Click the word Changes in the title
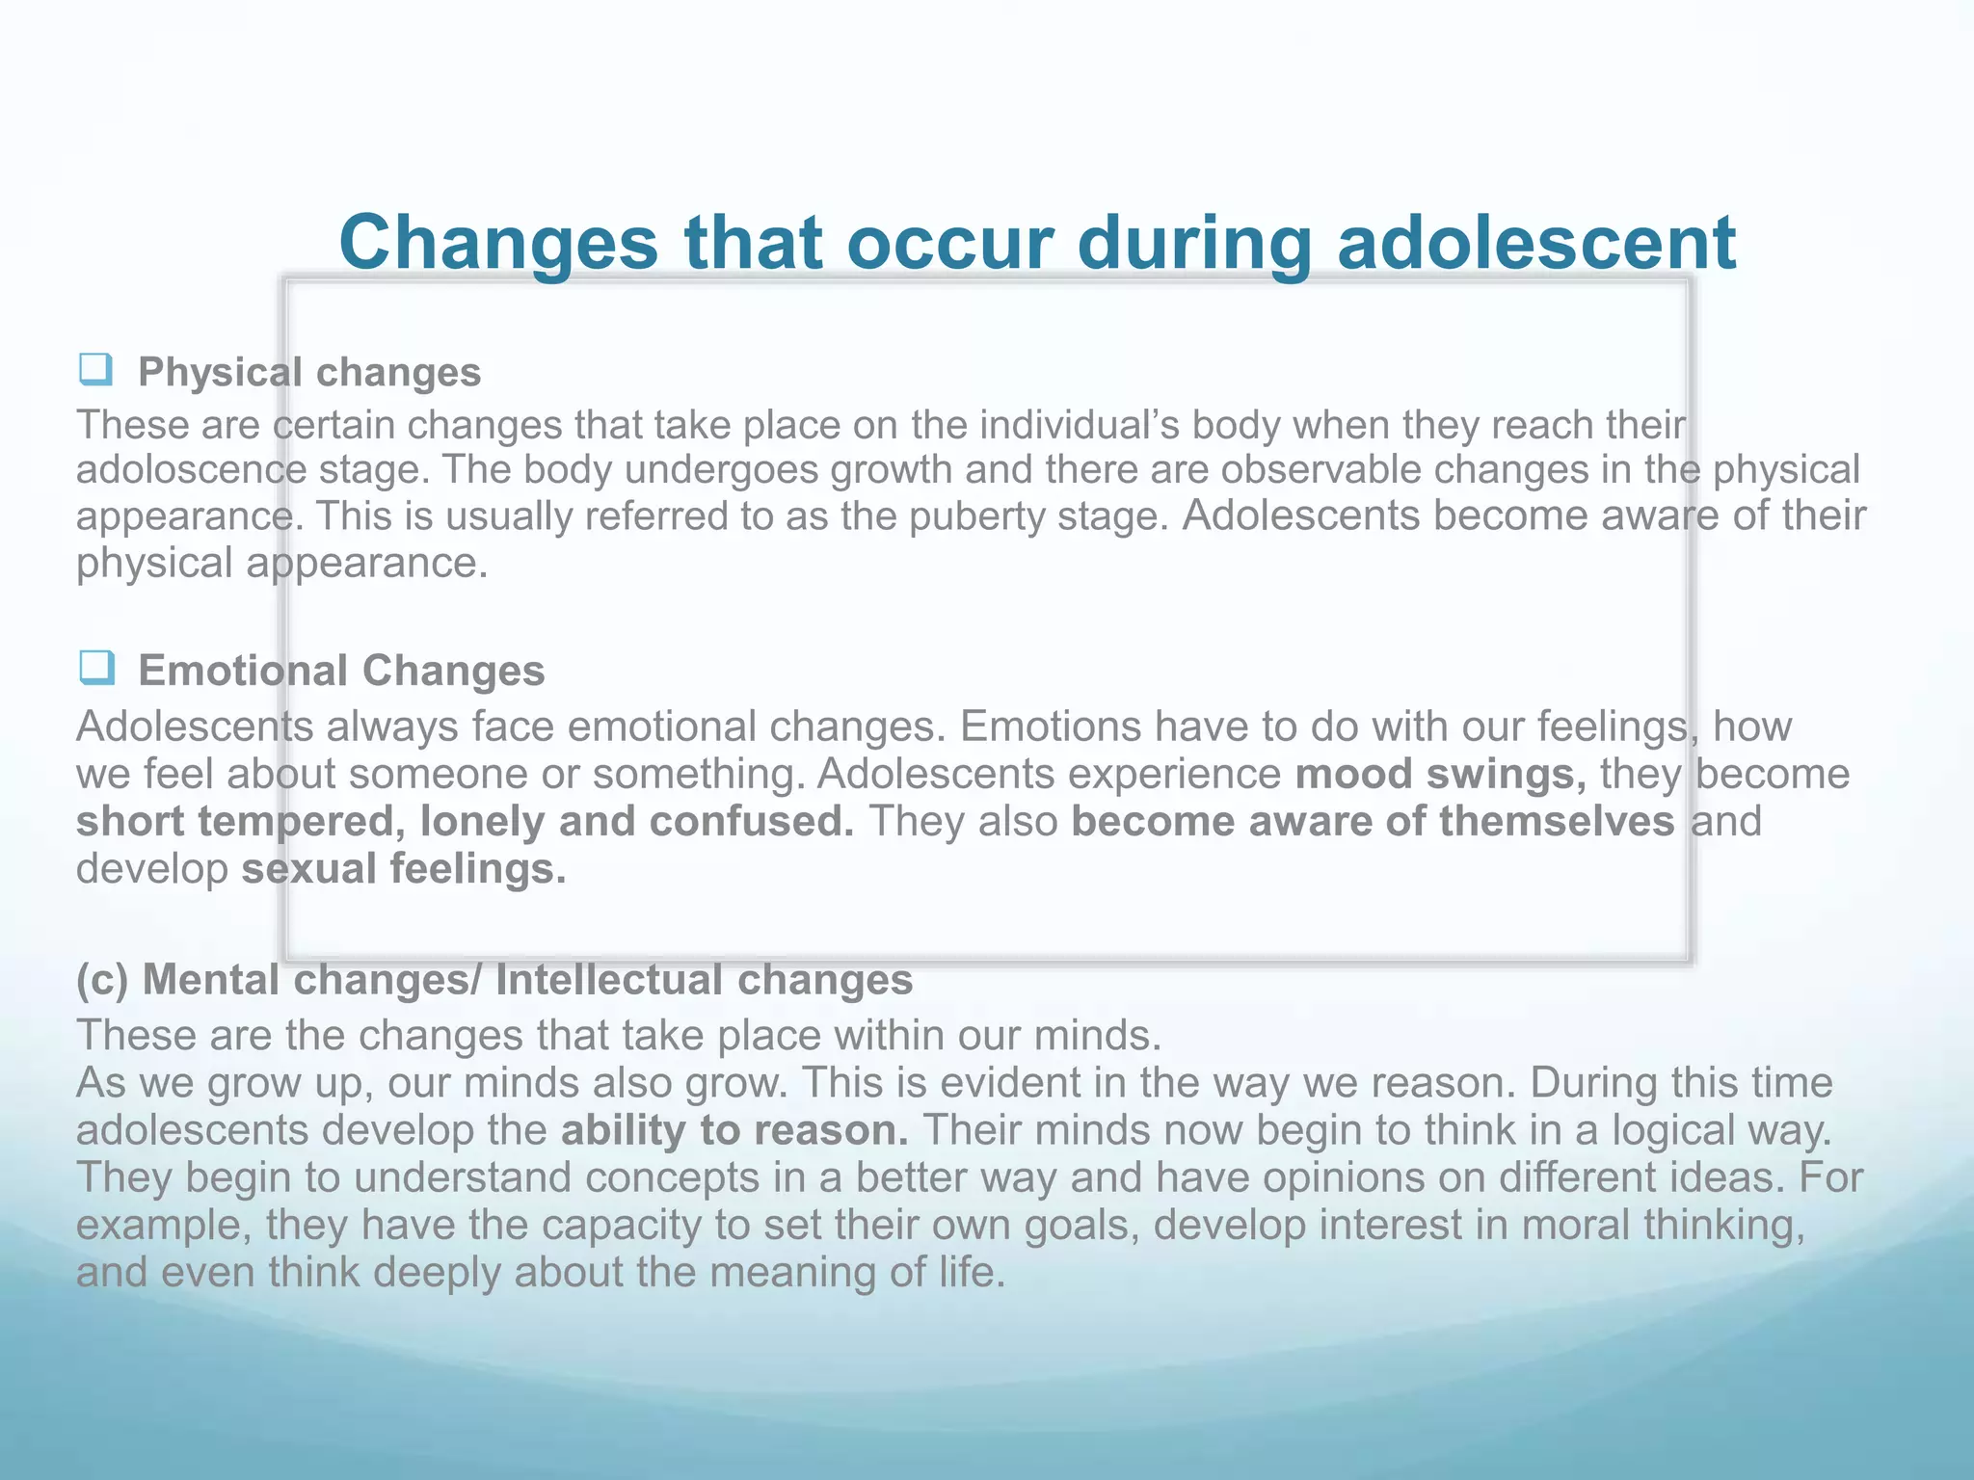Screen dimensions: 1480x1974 498,243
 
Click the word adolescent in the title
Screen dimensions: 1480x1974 1536,243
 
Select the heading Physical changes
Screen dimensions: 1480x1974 308,372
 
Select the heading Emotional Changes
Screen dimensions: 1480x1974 341,671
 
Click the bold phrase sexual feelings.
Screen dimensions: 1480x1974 404,869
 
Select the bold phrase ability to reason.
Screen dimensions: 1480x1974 734,1130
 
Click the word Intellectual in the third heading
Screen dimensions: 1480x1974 609,980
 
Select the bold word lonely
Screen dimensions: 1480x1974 483,822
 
